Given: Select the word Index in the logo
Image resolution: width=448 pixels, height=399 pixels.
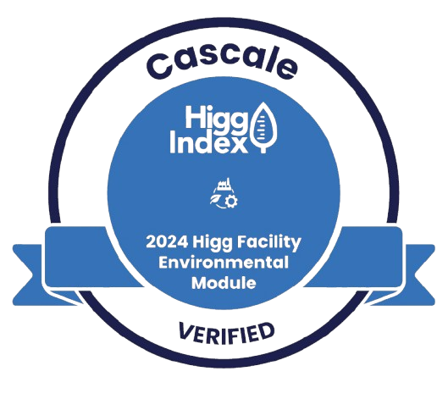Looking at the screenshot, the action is click(208, 142).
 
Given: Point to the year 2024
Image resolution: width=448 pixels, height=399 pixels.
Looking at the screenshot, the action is click(167, 242).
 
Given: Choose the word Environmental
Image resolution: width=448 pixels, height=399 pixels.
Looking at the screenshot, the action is click(224, 263).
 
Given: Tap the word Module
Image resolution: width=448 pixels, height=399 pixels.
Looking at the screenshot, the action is click(224, 283).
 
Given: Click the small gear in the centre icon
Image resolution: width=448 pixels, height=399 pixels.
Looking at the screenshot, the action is click(231, 202).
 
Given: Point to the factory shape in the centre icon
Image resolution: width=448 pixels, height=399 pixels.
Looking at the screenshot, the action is click(224, 184).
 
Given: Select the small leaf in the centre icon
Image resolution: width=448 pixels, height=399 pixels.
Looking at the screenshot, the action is click(215, 199).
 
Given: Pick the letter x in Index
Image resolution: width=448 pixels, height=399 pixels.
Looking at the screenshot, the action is click(237, 145).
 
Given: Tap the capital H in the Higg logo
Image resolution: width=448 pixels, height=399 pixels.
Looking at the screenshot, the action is click(194, 116).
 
